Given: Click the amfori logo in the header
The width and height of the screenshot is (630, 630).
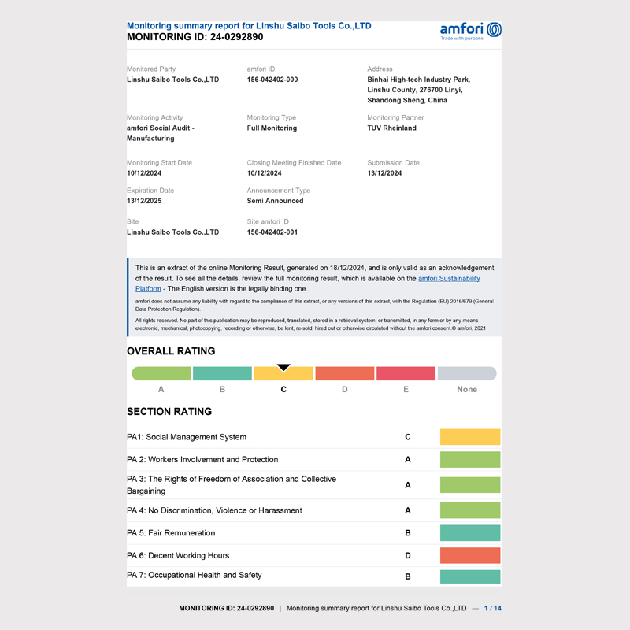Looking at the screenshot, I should click(x=471, y=31).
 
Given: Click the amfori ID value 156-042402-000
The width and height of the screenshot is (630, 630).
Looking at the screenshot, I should click(x=272, y=80).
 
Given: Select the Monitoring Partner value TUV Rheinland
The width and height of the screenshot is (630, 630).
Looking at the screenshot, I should click(x=391, y=128).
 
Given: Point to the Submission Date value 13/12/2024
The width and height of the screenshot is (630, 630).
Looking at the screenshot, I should click(x=384, y=173).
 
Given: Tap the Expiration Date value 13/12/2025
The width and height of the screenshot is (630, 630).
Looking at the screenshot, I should click(x=144, y=201).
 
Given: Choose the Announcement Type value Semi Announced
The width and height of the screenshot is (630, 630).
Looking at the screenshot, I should click(x=275, y=201).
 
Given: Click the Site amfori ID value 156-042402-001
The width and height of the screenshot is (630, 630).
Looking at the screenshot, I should click(x=272, y=232).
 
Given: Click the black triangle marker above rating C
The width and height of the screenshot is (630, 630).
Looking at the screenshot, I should click(x=283, y=368).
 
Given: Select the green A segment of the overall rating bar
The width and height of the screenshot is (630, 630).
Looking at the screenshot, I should click(x=161, y=374).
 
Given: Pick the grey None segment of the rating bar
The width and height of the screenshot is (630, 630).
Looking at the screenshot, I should click(x=467, y=374).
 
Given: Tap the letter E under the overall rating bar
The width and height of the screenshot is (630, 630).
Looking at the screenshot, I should click(x=406, y=390).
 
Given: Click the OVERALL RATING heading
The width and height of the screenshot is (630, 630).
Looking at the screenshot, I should click(x=171, y=351).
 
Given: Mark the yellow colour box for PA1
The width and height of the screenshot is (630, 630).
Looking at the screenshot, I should click(x=470, y=437).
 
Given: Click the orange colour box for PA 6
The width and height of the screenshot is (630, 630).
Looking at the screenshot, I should click(x=470, y=556).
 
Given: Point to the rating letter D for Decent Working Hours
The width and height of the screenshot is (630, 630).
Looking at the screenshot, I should click(x=408, y=556).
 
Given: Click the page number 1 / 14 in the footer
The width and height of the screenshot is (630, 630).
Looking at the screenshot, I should click(x=492, y=609).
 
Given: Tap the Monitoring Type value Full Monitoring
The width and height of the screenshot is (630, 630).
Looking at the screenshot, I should click(x=272, y=128).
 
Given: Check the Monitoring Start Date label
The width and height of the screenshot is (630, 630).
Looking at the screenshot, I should click(x=159, y=163).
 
